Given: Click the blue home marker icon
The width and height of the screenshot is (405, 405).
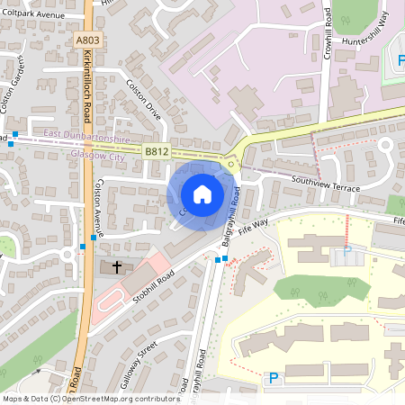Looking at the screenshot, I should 202,193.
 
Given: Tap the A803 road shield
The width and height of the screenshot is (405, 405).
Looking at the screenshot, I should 88,39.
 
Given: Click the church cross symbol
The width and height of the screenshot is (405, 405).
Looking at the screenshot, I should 118,267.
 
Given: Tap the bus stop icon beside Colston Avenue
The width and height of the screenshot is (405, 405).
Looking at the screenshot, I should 82,247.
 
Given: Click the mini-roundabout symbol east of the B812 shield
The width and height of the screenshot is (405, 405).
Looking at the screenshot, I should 232,163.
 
